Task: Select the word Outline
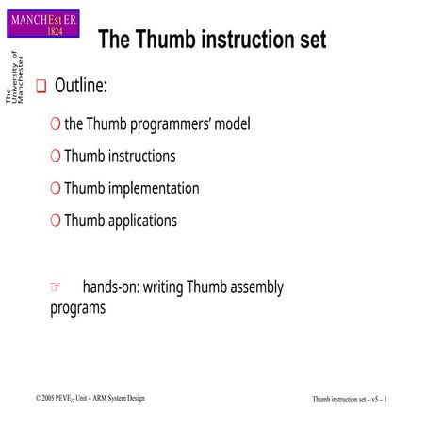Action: [80, 87]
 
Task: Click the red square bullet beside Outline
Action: [41, 88]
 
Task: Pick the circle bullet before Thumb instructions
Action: [56, 156]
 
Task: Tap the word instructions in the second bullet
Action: [139, 156]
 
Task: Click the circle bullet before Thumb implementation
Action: [56, 188]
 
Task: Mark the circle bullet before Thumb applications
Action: [56, 221]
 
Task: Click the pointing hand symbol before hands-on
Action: [56, 287]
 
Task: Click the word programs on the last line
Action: [77, 307]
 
